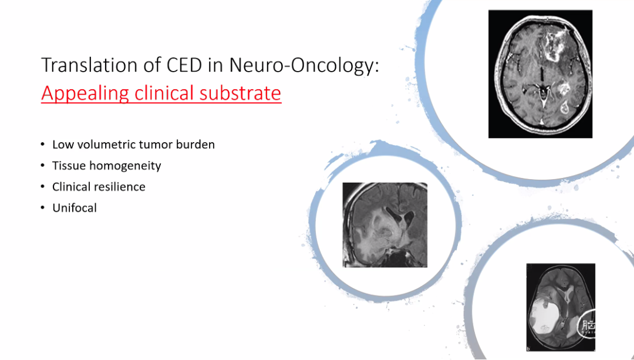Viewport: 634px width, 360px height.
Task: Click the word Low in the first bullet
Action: (x=60, y=144)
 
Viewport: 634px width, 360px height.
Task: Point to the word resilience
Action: (x=121, y=187)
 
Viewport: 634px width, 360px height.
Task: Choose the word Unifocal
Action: (x=75, y=208)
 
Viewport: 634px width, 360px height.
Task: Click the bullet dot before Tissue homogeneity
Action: (x=43, y=166)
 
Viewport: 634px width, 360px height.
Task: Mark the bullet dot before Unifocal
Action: (x=43, y=208)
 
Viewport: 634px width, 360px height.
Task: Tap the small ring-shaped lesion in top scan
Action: (x=565, y=107)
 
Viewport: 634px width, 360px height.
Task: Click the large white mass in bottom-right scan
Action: (x=547, y=316)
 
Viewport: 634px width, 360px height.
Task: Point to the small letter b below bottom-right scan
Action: (x=528, y=348)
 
